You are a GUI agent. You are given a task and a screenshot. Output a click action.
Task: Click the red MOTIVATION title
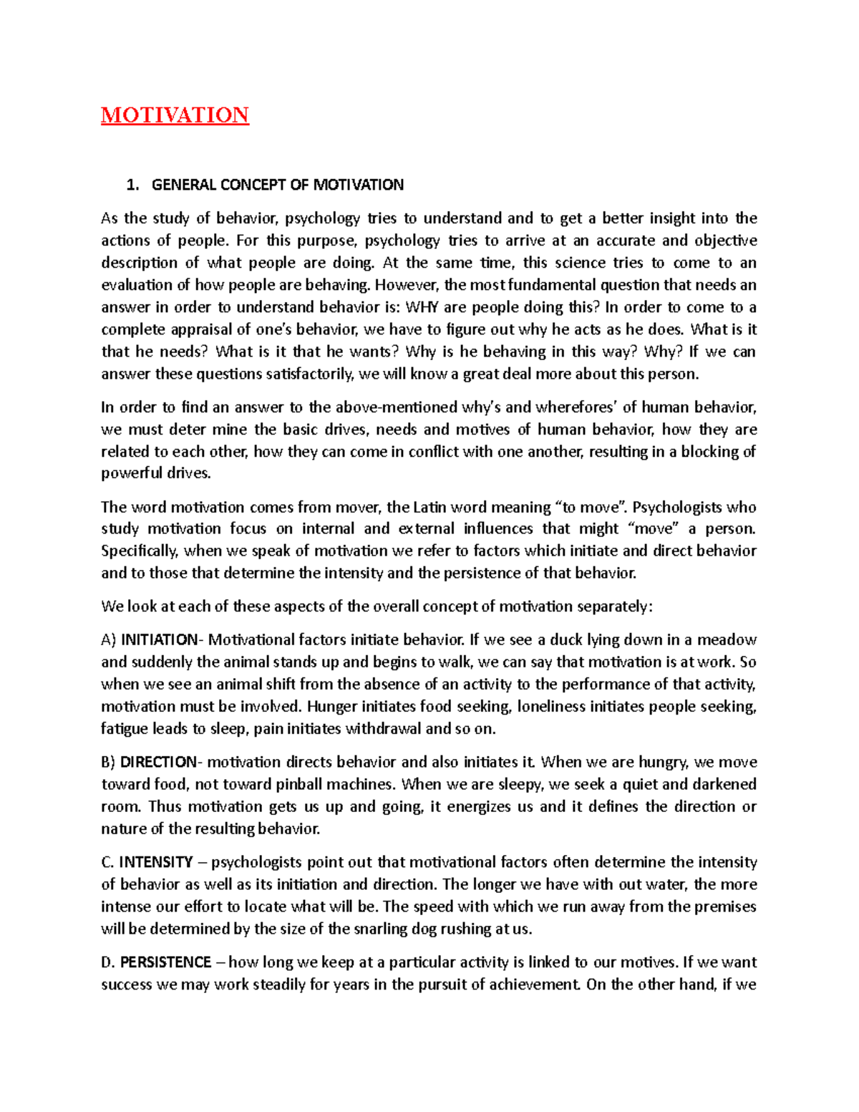click(x=175, y=115)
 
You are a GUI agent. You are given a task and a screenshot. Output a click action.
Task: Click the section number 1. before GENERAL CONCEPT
click(x=132, y=185)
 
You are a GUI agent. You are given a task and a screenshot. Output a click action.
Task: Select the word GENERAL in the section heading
click(x=183, y=185)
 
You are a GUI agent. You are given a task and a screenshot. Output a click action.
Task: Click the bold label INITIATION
click(x=158, y=639)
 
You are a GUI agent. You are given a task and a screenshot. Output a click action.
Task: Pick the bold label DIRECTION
click(x=157, y=762)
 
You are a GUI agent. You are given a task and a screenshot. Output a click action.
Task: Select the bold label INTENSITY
click(x=155, y=862)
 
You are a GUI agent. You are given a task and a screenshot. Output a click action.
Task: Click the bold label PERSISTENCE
click(x=165, y=962)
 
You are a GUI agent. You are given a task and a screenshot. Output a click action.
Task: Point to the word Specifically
click(x=140, y=551)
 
